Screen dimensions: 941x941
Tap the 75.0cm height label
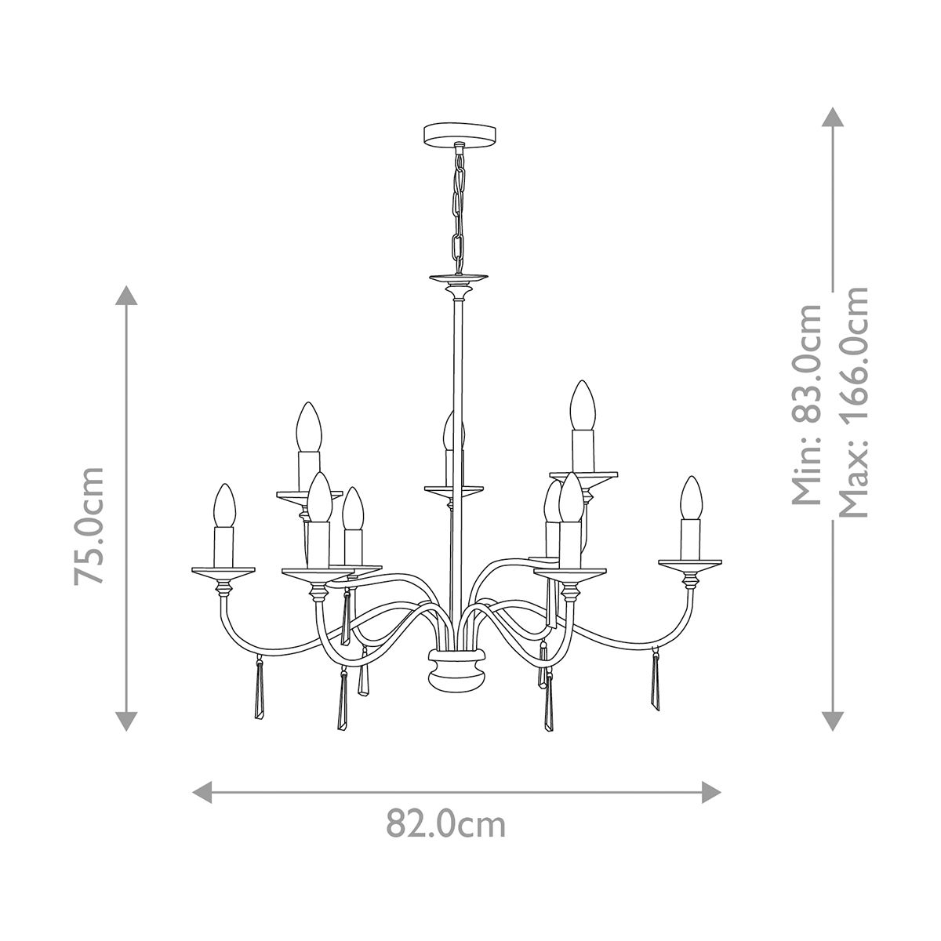(89, 525)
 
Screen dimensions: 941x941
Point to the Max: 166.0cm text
(853, 401)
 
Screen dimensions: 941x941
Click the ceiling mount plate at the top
(456, 133)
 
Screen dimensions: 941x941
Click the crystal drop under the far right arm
(655, 683)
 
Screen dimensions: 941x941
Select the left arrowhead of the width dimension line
(202, 791)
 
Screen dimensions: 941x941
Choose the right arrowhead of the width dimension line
(712, 791)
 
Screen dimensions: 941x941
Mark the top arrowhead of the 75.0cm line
(126, 296)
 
